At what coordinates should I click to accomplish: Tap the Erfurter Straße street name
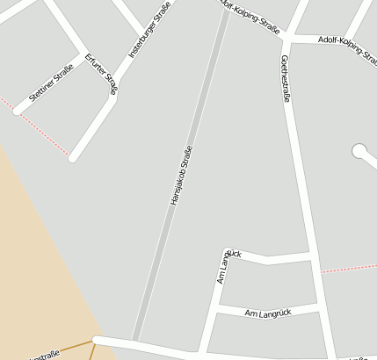coord(101,73)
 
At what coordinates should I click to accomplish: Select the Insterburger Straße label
coord(149,31)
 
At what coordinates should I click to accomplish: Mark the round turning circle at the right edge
coord(359,151)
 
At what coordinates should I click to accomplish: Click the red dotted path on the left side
coord(40,130)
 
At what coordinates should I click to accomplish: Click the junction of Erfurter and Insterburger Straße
coord(113,95)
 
